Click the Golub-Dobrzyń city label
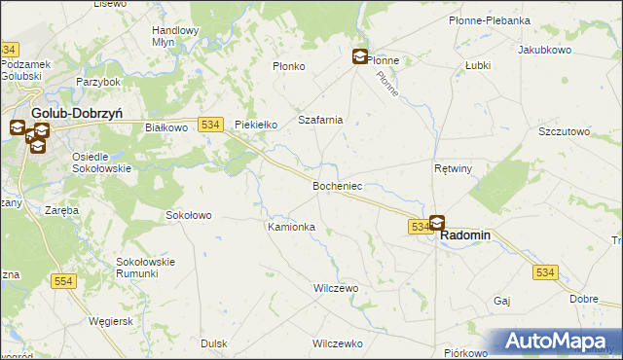coord(76,113)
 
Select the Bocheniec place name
coord(338,185)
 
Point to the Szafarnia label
coord(320,120)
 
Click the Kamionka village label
coord(291,227)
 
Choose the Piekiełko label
coord(257,125)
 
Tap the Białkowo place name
coord(165,126)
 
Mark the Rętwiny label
coord(453,168)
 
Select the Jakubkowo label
coord(544,49)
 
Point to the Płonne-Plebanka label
coord(489,19)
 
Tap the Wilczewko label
coord(338,343)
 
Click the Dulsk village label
coord(214,343)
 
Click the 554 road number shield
coord(63,280)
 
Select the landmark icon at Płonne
coord(360,57)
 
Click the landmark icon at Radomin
coord(437,223)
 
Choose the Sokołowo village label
coord(189,215)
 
